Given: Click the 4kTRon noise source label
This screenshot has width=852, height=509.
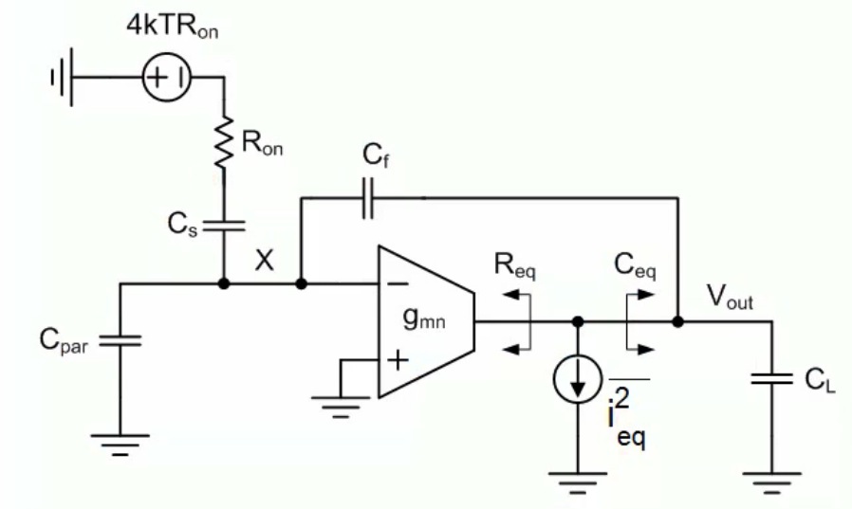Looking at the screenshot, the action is [x=173, y=26].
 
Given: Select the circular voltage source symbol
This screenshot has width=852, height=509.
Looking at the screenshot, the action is [x=167, y=78].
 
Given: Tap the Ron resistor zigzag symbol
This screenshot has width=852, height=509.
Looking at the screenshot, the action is [x=223, y=141].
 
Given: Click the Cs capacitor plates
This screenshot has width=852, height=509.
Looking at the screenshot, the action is [x=223, y=226].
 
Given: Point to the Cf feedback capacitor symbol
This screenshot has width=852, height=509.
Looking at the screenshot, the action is [x=368, y=197].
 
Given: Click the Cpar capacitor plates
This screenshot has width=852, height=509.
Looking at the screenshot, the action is [x=120, y=341].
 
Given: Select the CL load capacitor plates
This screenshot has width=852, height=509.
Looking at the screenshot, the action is [x=771, y=378].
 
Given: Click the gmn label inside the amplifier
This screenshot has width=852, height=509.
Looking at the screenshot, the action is [x=424, y=318].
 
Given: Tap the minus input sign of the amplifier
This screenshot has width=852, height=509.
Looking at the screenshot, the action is [x=398, y=283].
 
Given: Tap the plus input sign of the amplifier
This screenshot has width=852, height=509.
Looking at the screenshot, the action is [x=398, y=360].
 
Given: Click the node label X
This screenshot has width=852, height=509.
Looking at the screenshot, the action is [x=264, y=261].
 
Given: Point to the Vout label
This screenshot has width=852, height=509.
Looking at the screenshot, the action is [x=730, y=298].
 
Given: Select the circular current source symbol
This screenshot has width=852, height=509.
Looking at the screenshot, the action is [x=578, y=378].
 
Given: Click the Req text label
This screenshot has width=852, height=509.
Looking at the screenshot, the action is [x=514, y=266].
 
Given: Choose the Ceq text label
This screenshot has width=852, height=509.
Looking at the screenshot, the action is [x=635, y=266].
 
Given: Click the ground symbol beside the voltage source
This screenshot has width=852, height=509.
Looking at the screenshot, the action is [x=62, y=78].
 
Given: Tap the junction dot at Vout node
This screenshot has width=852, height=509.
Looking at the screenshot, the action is [x=677, y=321].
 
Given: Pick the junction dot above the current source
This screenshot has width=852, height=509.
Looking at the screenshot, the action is [x=578, y=321].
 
